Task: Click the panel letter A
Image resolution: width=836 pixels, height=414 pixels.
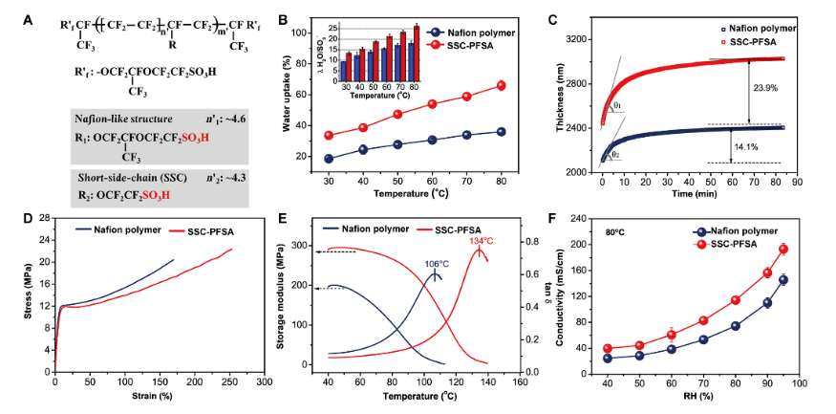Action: click(x=54, y=15)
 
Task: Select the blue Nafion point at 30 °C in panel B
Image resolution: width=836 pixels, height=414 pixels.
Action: click(x=329, y=159)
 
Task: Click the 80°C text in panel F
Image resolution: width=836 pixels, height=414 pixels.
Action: click(x=615, y=231)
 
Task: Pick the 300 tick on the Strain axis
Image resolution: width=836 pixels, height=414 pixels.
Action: click(x=263, y=381)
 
